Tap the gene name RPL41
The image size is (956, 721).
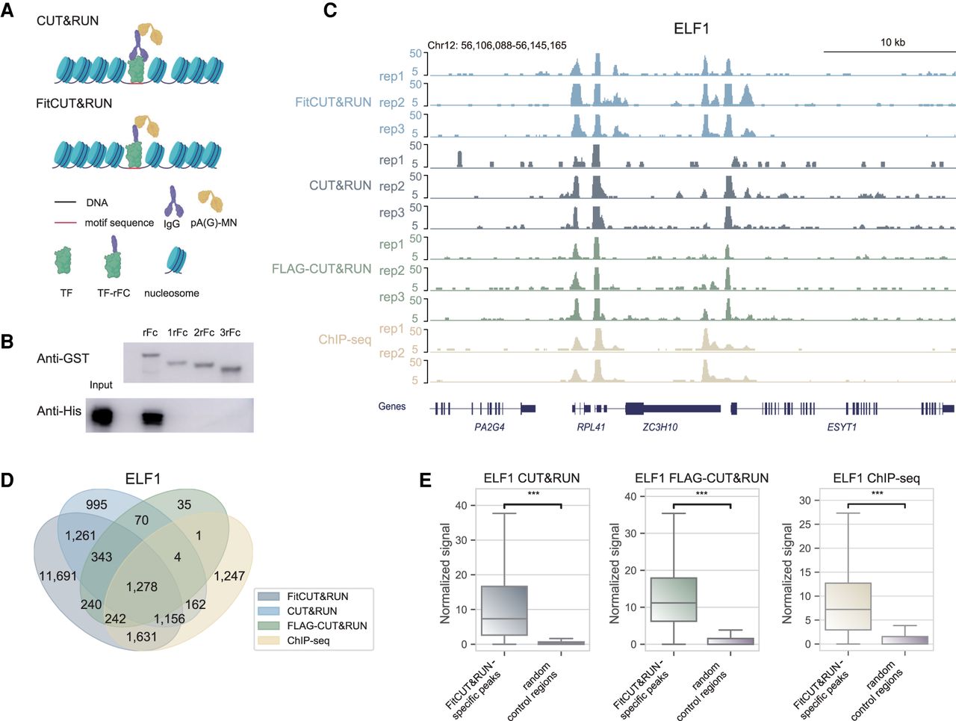coord(591,427)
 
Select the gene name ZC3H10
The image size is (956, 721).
coord(660,427)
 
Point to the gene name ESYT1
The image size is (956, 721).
coord(842,427)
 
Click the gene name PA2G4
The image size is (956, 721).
coord(489,427)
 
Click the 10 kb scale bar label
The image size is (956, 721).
coord(893,43)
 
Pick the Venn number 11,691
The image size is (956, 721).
coord(58,576)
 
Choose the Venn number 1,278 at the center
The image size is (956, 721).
coord(142,587)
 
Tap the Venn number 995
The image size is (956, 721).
coord(96,505)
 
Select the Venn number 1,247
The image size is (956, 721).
coord(229,576)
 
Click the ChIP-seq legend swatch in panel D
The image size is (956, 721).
coord(268,640)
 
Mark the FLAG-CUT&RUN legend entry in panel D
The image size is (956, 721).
coord(327,626)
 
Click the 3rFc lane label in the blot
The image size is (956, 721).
coord(230,332)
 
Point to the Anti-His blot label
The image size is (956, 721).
coord(59,411)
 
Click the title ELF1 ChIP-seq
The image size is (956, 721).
coord(876,478)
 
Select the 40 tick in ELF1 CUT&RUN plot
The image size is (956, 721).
coord(462,506)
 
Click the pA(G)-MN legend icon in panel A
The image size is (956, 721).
coord(210,201)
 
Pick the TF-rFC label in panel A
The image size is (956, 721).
coord(114,294)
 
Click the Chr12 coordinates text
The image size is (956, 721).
coord(497,46)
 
